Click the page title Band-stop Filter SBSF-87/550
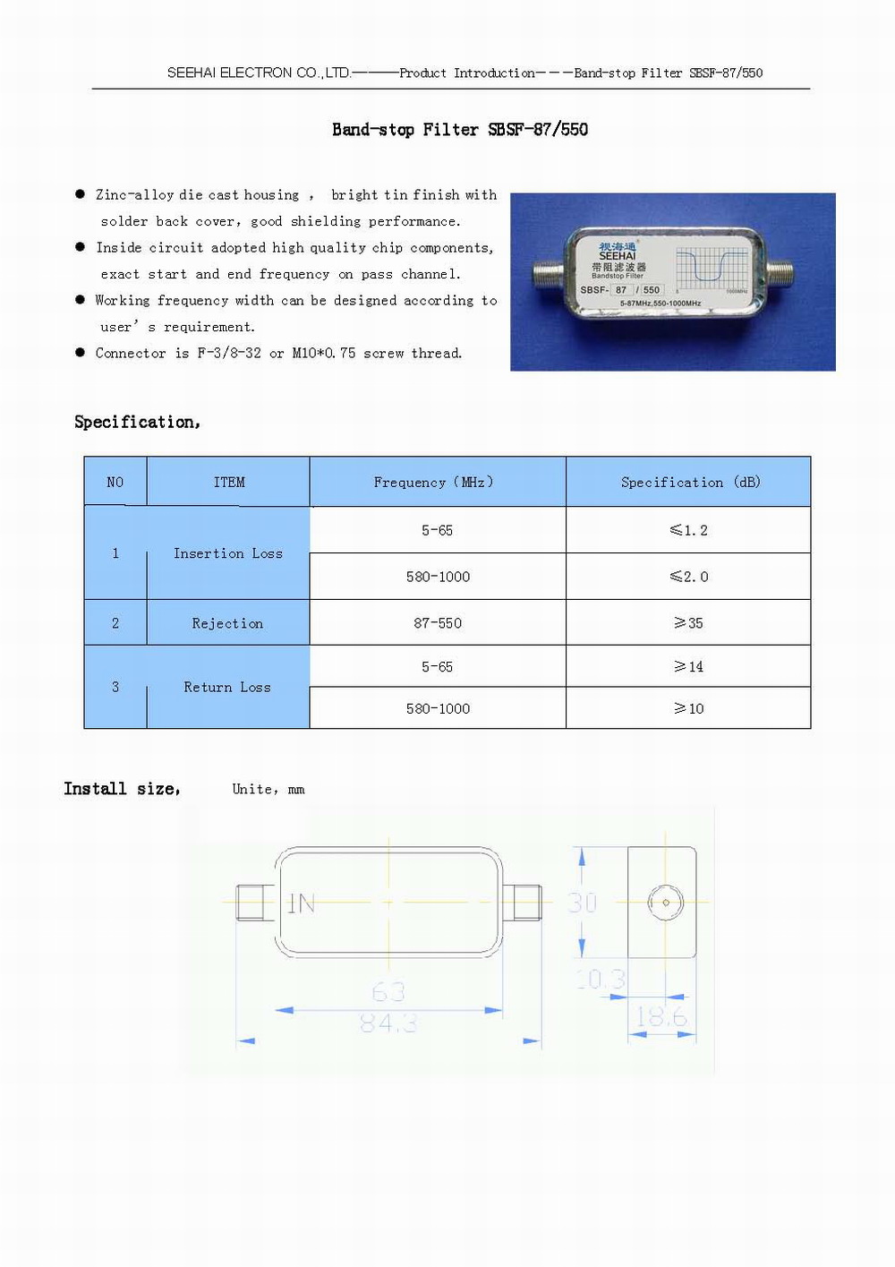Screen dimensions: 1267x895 coord(460,130)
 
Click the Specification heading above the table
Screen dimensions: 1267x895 coord(137,422)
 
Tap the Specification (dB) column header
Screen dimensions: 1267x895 coord(690,483)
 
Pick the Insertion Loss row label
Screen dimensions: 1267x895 coord(228,554)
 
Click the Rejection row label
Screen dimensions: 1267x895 coord(227,623)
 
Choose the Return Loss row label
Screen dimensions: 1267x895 coord(227,688)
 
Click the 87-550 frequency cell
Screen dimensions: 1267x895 coord(438,623)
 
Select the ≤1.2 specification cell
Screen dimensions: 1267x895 coord(688,531)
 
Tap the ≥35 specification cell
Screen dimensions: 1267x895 coord(688,623)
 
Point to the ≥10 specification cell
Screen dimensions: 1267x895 coord(688,709)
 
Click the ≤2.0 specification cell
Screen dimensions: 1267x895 coord(688,578)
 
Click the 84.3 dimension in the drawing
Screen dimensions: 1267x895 coord(388,1023)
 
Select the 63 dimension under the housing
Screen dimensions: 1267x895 coord(388,992)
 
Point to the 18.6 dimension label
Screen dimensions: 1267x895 coord(661,1017)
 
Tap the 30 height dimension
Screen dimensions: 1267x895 coord(583,903)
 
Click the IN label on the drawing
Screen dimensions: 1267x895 coord(302,904)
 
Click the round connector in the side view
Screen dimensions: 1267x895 coord(665,903)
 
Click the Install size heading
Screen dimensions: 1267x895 coord(122,789)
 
